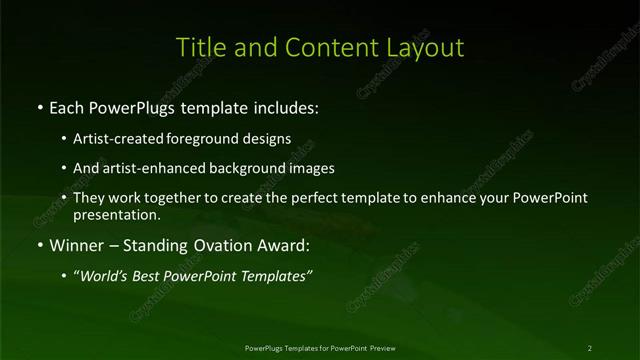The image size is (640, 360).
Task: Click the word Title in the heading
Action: coord(198,47)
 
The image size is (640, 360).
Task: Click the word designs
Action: coord(267,139)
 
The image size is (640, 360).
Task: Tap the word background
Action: coord(249,168)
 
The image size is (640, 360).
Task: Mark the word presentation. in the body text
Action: coord(116,214)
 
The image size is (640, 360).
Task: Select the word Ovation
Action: coord(218,245)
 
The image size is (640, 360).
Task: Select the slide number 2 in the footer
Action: coord(589,348)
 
